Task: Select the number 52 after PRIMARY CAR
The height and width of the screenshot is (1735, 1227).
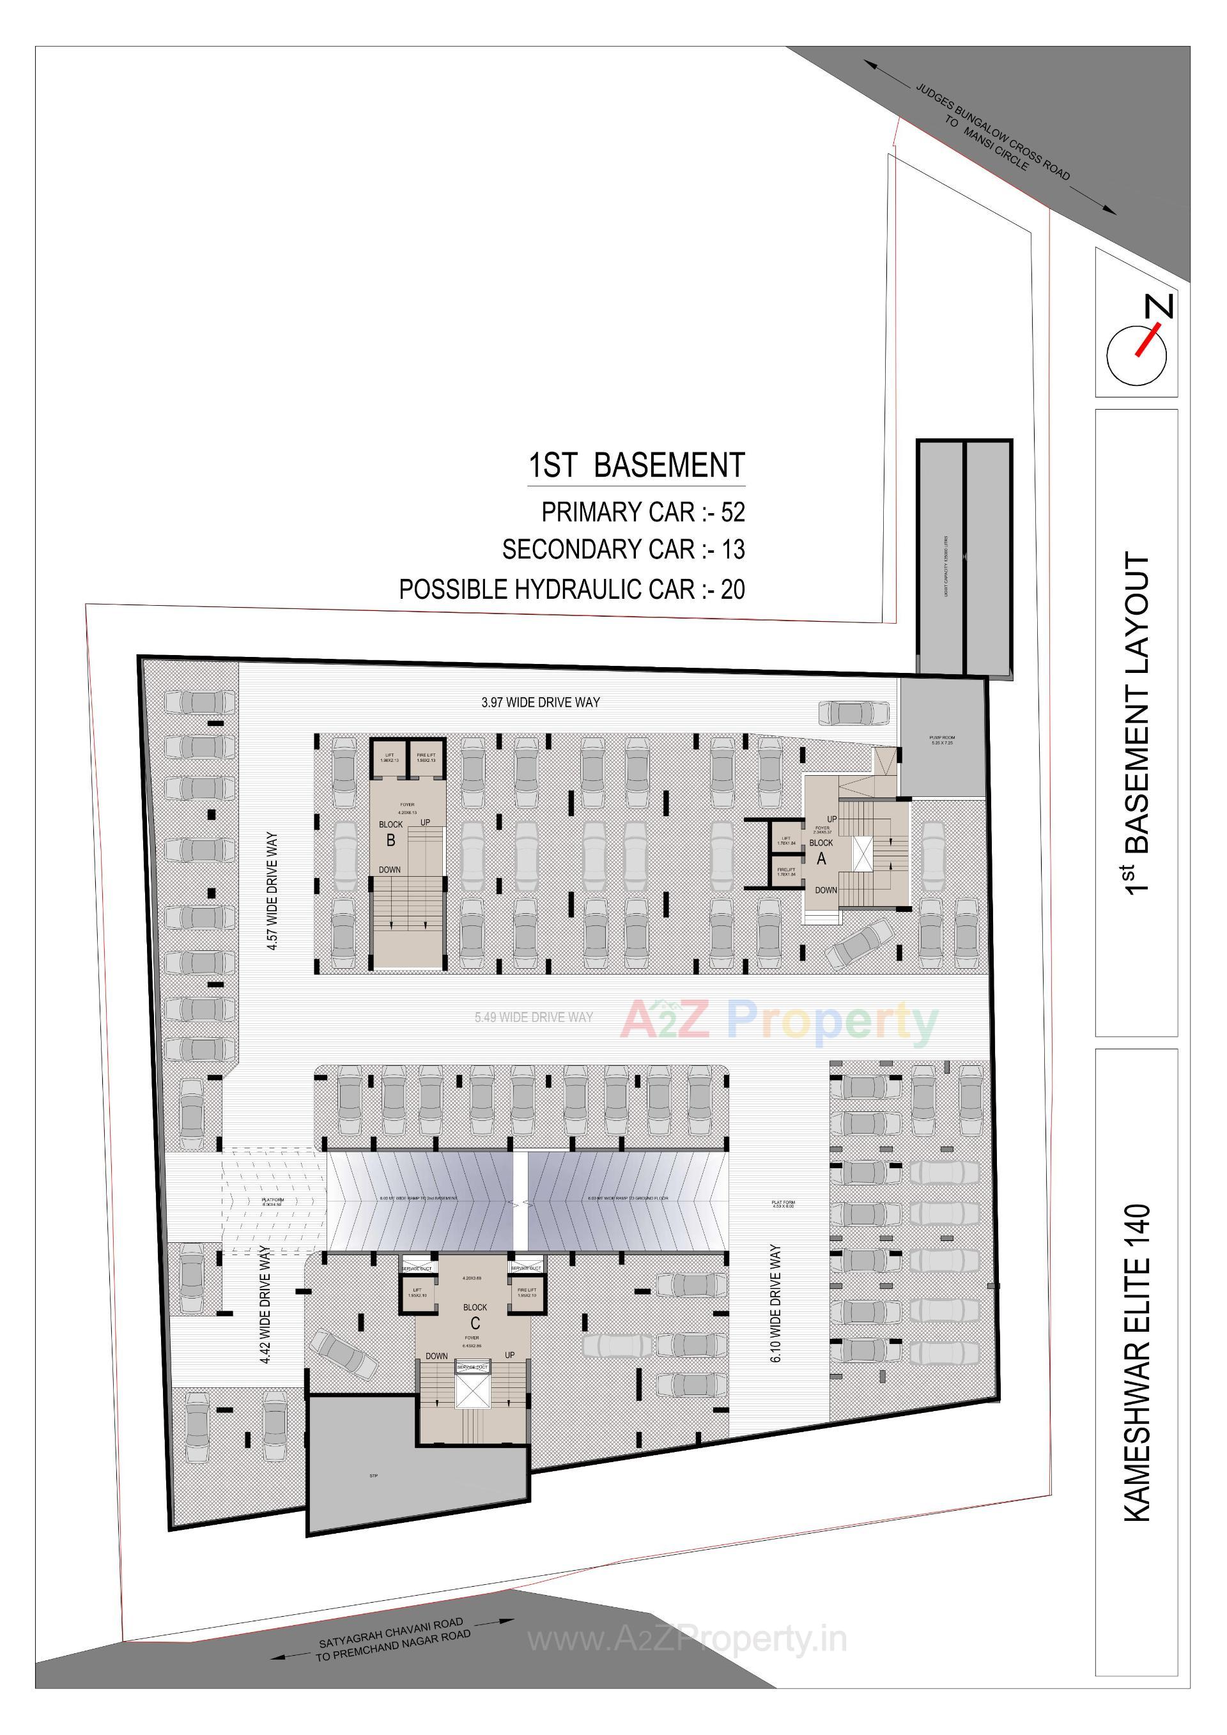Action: click(732, 513)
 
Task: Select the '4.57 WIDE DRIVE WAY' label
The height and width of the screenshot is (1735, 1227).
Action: click(272, 891)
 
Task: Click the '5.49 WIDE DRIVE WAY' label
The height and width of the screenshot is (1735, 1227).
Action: click(534, 1017)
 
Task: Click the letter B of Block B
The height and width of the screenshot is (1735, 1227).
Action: click(390, 840)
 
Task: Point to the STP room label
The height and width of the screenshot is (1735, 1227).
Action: click(373, 1476)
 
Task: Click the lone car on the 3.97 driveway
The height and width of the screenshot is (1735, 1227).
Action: click(854, 713)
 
